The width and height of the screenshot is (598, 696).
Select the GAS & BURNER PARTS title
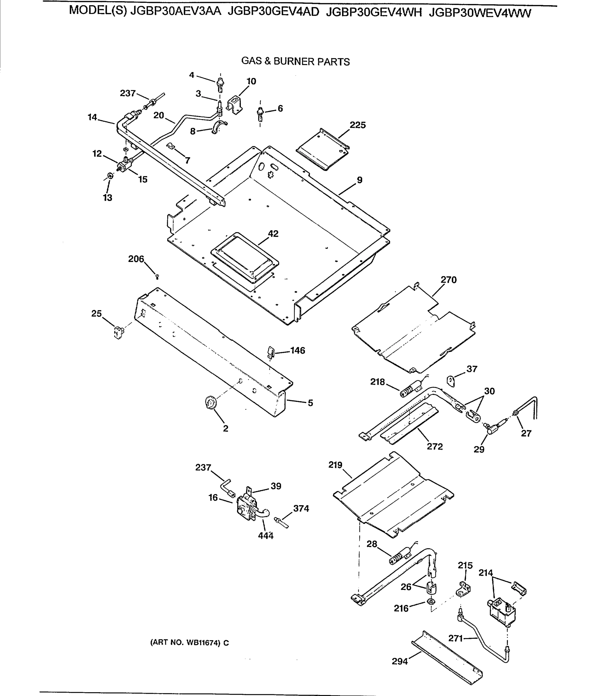click(x=295, y=61)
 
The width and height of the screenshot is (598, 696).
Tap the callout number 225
click(x=357, y=125)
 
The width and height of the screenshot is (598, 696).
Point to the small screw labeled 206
click(x=157, y=277)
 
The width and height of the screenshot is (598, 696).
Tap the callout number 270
click(x=448, y=280)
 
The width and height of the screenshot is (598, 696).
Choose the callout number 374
click(x=301, y=508)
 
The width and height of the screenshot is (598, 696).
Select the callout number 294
click(x=400, y=661)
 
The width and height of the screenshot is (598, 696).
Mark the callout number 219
click(x=335, y=465)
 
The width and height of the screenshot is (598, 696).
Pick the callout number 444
click(x=265, y=536)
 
